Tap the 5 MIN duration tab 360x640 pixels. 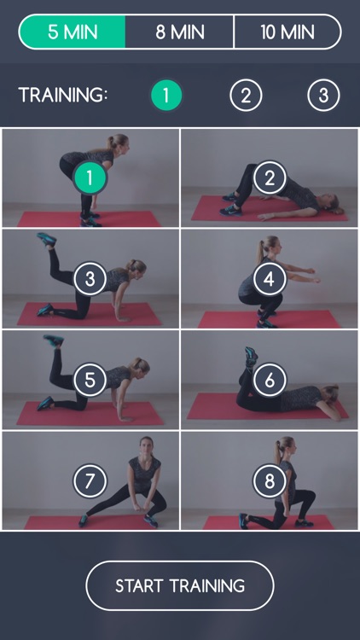tap(73, 32)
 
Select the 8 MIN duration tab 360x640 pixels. tap(179, 32)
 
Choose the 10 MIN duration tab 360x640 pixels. tap(287, 32)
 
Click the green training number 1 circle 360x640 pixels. tap(166, 95)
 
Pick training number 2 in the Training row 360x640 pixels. tap(246, 95)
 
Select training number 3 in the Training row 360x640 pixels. tap(323, 95)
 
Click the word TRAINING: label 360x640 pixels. tap(63, 95)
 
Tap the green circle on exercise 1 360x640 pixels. tap(90, 177)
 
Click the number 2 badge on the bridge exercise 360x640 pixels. tap(270, 177)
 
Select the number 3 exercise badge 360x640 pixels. tap(90, 278)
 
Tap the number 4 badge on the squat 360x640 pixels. tap(270, 278)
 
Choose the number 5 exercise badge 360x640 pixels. tap(90, 380)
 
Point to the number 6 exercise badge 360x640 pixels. tap(270, 380)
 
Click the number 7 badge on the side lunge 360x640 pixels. tap(90, 481)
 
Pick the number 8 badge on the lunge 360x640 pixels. tap(270, 481)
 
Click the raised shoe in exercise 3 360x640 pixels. tap(46, 239)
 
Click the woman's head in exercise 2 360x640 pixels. tap(333, 203)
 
